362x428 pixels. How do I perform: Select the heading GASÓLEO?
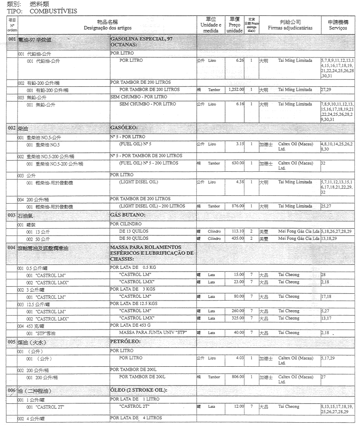(125, 128)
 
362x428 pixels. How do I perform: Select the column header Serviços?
(338, 28)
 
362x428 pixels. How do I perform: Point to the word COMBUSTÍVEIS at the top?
(53, 10)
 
